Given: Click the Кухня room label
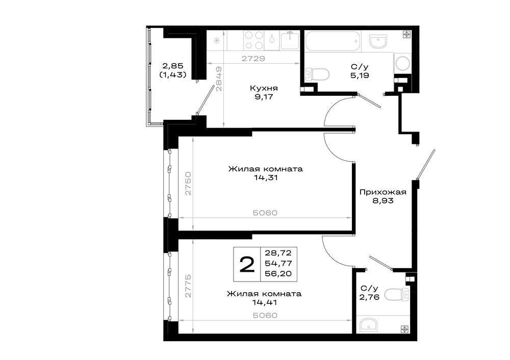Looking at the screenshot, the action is [264, 88].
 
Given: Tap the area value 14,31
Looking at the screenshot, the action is [266, 178].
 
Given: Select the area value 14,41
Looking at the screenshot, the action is [264, 302].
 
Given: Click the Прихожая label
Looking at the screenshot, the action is [383, 192].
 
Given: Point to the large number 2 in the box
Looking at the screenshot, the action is [247, 264].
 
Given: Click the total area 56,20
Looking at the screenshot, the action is [278, 274].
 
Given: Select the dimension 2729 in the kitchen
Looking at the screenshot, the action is [253, 59].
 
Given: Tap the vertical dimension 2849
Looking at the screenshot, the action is [219, 79].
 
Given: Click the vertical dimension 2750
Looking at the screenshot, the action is [188, 184].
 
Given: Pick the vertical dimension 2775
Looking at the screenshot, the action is [188, 286].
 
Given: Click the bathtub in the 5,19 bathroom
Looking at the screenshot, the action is [333, 41].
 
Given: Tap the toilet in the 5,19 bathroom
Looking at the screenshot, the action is [317, 74].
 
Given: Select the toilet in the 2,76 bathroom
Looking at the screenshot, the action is [397, 295].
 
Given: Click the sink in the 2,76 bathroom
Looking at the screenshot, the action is [369, 324].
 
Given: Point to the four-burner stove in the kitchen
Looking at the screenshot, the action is [253, 40].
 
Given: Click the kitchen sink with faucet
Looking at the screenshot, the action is [290, 40].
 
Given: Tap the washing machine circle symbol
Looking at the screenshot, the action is [403, 63].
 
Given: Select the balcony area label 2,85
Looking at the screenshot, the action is [173, 66].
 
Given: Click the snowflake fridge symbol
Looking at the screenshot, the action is [216, 41].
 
